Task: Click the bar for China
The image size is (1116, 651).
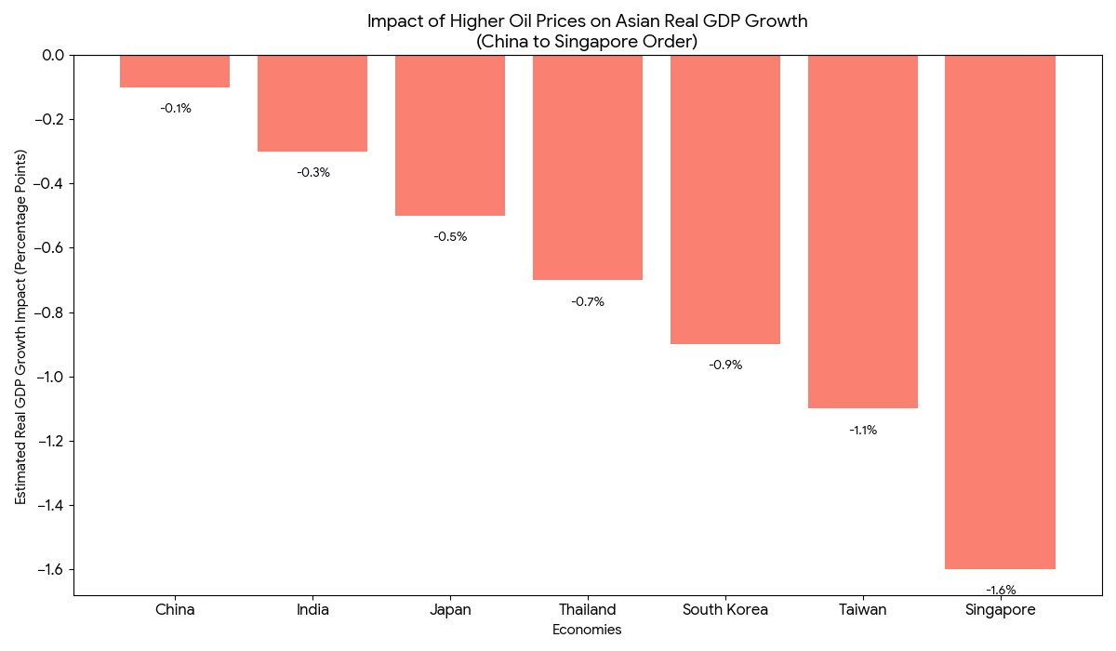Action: (x=175, y=72)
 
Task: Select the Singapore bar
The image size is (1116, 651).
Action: (x=1000, y=312)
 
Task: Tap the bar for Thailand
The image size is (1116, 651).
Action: (x=587, y=167)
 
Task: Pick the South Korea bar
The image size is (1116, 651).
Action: (x=724, y=199)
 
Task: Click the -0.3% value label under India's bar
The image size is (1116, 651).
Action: (x=313, y=173)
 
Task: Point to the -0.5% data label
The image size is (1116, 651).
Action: (x=450, y=237)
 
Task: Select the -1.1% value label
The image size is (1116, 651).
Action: (x=863, y=431)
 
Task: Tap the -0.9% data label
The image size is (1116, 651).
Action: (x=725, y=365)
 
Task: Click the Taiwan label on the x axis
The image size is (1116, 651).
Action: (x=862, y=610)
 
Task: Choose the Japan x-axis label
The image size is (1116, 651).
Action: (x=450, y=610)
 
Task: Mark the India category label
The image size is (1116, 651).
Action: (x=312, y=610)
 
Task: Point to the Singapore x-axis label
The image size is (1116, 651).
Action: (x=1000, y=610)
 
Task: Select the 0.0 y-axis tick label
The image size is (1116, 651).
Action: (x=51, y=56)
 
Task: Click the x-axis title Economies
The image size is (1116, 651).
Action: (x=587, y=630)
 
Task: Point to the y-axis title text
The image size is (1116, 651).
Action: (x=20, y=326)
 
